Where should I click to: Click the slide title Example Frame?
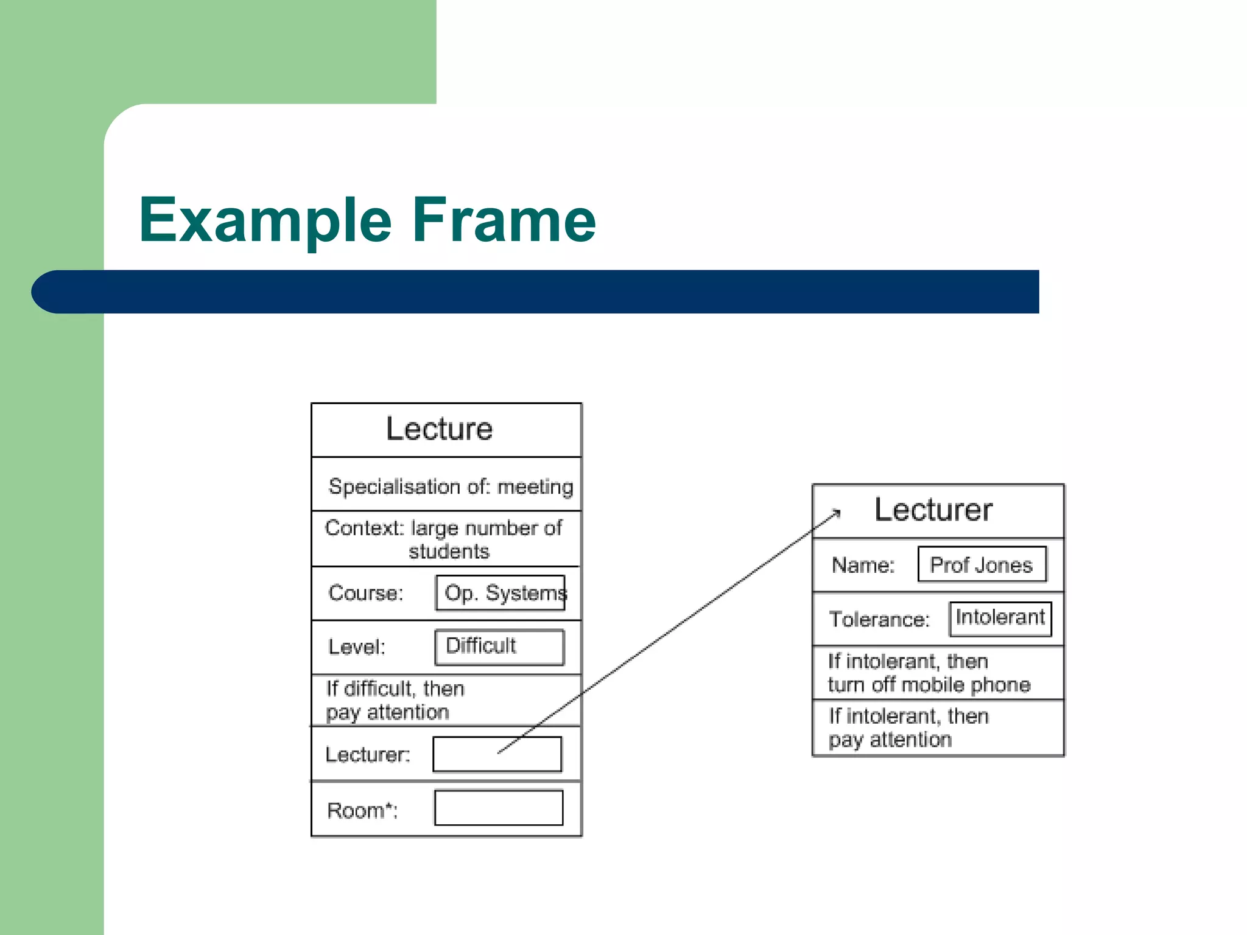click(367, 220)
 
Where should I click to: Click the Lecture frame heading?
click(439, 429)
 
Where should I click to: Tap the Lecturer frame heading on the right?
click(933, 510)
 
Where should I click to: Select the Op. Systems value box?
click(501, 593)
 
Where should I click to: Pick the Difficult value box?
click(499, 646)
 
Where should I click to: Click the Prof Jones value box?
click(982, 565)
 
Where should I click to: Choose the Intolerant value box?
click(1000, 618)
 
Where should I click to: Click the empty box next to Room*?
click(499, 808)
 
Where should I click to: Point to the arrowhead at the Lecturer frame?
click(837, 513)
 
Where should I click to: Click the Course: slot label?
click(365, 593)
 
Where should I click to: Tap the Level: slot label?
click(357, 646)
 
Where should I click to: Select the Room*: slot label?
click(362, 810)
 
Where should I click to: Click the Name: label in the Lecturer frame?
click(863, 566)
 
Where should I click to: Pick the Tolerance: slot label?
click(879, 619)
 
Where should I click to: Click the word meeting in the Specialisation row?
click(535, 487)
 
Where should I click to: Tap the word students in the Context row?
click(449, 552)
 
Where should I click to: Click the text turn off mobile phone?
click(929, 685)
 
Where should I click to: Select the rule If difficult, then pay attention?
click(395, 700)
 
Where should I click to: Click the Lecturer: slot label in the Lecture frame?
click(368, 755)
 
